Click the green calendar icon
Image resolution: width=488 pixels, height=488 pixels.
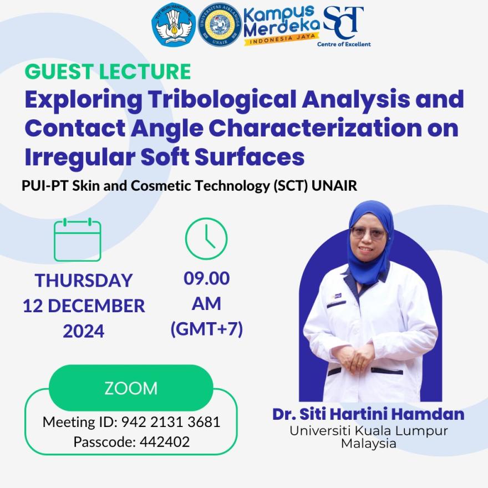(x=78, y=240)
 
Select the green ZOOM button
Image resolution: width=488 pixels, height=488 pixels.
(x=131, y=388)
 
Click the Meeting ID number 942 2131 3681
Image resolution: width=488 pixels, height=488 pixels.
(x=171, y=422)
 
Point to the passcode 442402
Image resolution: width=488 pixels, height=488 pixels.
(x=165, y=441)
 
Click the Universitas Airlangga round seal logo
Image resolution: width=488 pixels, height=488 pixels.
(x=220, y=25)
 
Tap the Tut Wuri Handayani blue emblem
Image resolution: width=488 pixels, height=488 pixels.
(x=174, y=25)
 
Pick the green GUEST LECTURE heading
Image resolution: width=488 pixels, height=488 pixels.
(x=108, y=72)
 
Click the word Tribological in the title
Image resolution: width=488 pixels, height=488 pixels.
(x=222, y=100)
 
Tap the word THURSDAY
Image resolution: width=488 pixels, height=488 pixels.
(x=84, y=281)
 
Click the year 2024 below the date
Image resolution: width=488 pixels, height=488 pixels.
(x=83, y=331)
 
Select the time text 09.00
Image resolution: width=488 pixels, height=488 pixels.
(x=206, y=278)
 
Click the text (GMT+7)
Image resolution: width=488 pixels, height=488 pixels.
(x=207, y=329)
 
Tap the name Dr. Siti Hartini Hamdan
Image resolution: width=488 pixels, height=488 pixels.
(x=368, y=414)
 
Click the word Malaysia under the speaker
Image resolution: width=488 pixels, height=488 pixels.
(x=368, y=443)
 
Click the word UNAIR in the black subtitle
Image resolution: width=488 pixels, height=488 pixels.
(x=334, y=185)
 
